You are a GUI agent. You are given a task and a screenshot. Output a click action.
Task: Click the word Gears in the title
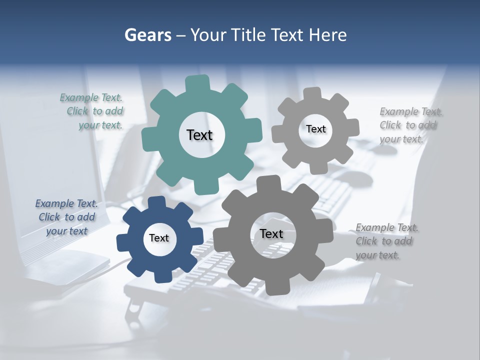click(x=147, y=35)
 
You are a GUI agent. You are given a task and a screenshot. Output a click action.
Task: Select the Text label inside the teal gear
click(x=200, y=135)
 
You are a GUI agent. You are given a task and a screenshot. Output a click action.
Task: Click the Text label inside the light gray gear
click(x=315, y=129)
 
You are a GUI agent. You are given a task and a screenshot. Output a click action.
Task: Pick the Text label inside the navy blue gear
click(x=159, y=238)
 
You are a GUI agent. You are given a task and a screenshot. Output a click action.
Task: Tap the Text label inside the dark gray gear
click(x=271, y=233)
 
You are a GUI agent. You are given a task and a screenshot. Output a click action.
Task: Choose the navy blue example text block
click(x=66, y=217)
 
